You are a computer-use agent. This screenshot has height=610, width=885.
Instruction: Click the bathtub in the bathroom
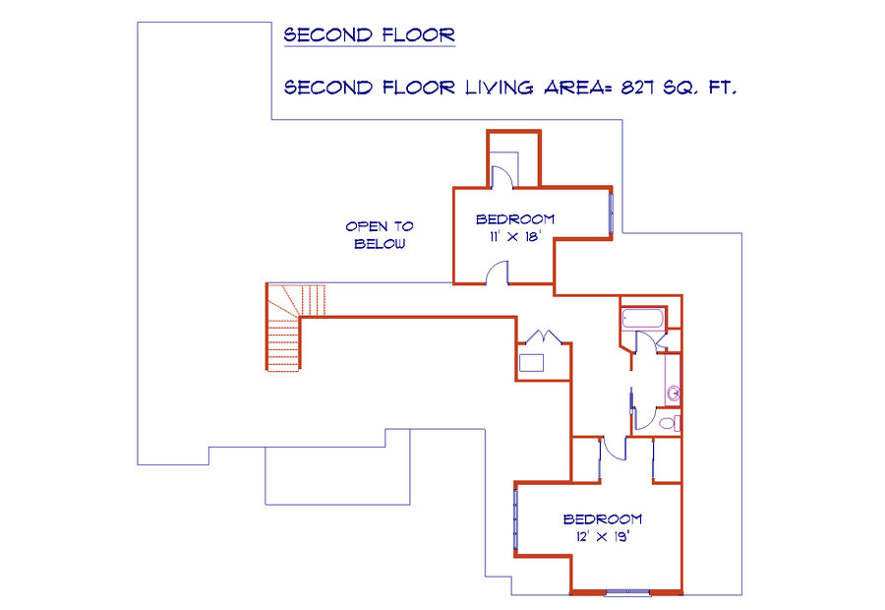coord(643,318)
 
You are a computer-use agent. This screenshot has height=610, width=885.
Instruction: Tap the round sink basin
coord(674,393)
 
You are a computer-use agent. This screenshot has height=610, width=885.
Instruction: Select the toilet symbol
coord(670,423)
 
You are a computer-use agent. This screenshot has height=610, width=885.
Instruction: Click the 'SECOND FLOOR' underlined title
coord(369,35)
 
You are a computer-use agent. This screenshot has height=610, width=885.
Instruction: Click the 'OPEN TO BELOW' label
coord(380,235)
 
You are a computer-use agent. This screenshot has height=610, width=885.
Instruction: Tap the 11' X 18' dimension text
coord(515,237)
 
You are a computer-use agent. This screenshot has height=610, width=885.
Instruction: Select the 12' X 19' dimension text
coord(602,536)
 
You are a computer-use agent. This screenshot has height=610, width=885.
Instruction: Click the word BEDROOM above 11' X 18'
coord(514,219)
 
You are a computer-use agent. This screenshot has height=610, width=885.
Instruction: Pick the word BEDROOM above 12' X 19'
coord(602,518)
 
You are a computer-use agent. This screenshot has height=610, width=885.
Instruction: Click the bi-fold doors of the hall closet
coord(544,337)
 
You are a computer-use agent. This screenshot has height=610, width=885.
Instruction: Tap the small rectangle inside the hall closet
coord(531,363)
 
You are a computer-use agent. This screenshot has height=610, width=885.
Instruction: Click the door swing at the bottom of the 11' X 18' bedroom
coord(497,272)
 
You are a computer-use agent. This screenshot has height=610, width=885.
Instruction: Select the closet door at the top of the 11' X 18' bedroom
coord(501,176)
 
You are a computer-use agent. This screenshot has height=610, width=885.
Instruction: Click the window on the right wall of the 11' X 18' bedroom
coord(611,213)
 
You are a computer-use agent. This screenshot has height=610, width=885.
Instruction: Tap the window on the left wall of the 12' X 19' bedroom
coord(515,519)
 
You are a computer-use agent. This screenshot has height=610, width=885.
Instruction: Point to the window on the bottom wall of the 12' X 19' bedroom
coord(627,592)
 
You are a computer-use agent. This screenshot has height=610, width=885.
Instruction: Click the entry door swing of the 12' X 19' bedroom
coord(614,448)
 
